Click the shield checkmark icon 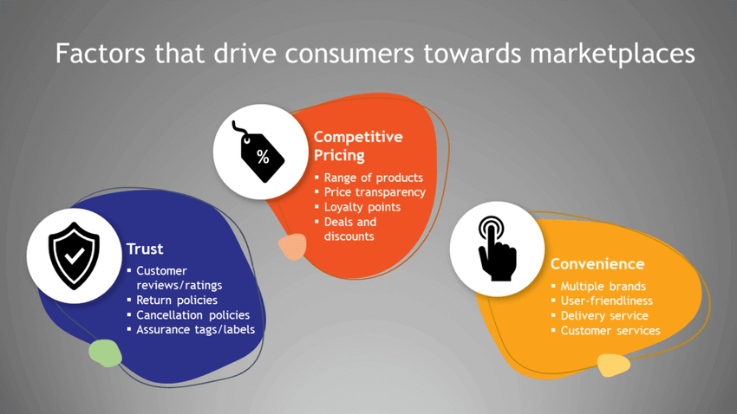(74, 256)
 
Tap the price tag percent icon (258, 152)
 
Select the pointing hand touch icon (497, 249)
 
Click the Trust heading (145, 249)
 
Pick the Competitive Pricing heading (358, 146)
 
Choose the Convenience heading (597, 264)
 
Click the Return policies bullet (177, 300)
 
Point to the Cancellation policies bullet (192, 315)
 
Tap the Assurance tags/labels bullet (196, 329)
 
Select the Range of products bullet (373, 178)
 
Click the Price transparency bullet (375, 192)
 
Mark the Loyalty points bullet (362, 207)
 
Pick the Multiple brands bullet (603, 287)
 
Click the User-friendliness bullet (606, 301)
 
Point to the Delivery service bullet (604, 315)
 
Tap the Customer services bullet (610, 331)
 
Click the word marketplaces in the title (612, 54)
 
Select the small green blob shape (105, 353)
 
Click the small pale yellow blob (613, 365)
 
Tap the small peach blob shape (292, 247)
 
